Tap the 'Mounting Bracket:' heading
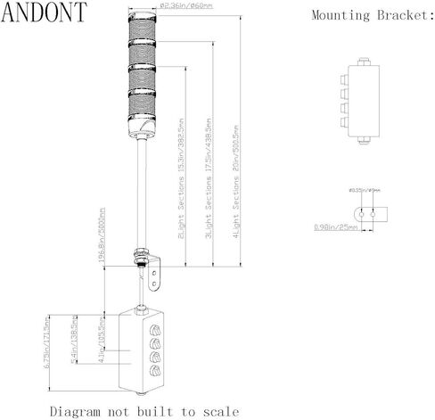click(372, 15)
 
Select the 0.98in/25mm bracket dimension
click(337, 228)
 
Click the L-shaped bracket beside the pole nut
click(158, 272)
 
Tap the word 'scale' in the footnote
click(219, 411)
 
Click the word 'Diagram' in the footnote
click(77, 411)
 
